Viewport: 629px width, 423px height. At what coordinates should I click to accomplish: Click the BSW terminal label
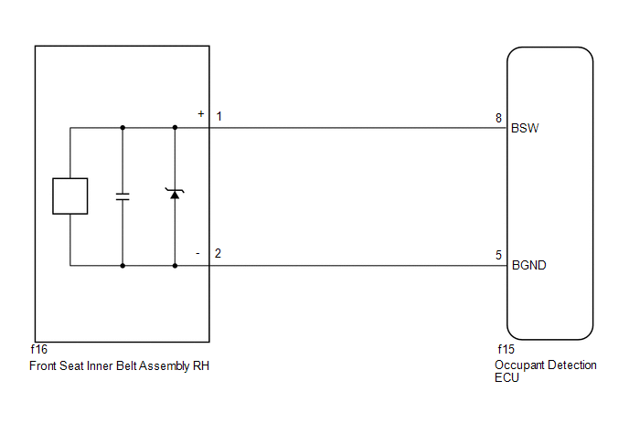pyautogui.click(x=525, y=128)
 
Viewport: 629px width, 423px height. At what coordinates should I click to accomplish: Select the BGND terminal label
pyautogui.click(x=529, y=266)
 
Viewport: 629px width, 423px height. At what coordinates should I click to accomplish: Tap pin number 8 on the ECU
pyautogui.click(x=498, y=118)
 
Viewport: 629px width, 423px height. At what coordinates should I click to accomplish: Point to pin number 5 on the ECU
pyautogui.click(x=498, y=256)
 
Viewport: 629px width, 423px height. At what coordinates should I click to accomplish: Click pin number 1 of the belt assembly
pyautogui.click(x=219, y=117)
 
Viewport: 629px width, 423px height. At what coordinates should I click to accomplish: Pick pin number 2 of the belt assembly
pyautogui.click(x=218, y=253)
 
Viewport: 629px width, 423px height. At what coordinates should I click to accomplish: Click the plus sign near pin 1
pyautogui.click(x=201, y=114)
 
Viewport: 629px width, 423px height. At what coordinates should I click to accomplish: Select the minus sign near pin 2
pyautogui.click(x=197, y=253)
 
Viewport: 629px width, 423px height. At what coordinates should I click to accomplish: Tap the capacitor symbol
pyautogui.click(x=123, y=196)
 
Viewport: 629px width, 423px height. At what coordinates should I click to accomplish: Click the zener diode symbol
pyautogui.click(x=175, y=194)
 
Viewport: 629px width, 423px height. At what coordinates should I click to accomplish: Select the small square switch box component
pyautogui.click(x=70, y=196)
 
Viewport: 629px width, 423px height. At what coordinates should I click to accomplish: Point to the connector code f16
pyautogui.click(x=39, y=350)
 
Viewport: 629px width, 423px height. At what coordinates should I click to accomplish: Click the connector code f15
pyautogui.click(x=506, y=350)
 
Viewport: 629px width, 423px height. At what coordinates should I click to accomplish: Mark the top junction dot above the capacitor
pyautogui.click(x=123, y=128)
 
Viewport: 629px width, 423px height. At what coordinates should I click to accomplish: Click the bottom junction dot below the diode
pyautogui.click(x=175, y=266)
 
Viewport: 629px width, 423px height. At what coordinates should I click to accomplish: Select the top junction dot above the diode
pyautogui.click(x=175, y=128)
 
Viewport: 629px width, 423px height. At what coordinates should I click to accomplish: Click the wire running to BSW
pyautogui.click(x=358, y=128)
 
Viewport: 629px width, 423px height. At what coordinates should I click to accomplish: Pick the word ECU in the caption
pyautogui.click(x=506, y=378)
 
